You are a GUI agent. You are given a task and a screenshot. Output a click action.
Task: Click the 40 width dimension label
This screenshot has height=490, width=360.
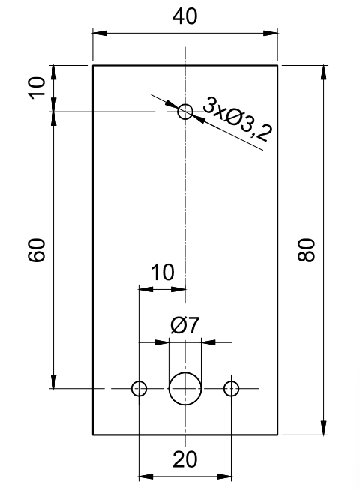(184, 16)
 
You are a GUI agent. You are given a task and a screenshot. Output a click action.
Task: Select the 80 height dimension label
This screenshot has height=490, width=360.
(306, 249)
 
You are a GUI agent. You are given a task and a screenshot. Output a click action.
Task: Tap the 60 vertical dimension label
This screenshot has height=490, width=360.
(37, 250)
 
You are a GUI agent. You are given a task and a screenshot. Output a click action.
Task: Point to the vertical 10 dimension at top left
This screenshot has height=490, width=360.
(37, 88)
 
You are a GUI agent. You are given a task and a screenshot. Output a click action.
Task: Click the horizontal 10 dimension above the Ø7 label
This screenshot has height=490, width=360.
(163, 272)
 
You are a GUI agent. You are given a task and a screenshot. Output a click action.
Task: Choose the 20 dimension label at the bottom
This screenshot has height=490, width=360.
(184, 459)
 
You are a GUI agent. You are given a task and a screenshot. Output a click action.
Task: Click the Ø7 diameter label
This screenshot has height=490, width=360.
(184, 325)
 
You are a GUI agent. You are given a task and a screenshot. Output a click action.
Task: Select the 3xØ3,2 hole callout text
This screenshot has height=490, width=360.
(238, 118)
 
